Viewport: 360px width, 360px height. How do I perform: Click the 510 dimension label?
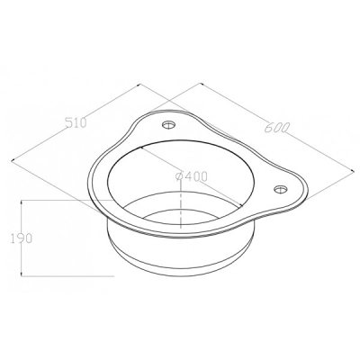[76, 123]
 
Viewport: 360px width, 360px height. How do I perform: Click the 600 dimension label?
[276, 128]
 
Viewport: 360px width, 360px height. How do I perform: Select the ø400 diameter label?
[191, 176]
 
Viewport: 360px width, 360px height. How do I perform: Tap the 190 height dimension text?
[21, 238]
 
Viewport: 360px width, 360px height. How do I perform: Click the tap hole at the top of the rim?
[169, 124]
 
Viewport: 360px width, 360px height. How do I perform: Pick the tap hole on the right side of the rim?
[281, 189]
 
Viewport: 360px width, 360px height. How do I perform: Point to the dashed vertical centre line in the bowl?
[181, 204]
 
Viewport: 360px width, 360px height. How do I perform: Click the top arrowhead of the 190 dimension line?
[22, 202]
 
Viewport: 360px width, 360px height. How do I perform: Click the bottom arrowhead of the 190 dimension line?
[22, 273]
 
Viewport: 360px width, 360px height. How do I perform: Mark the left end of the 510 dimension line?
[12, 161]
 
